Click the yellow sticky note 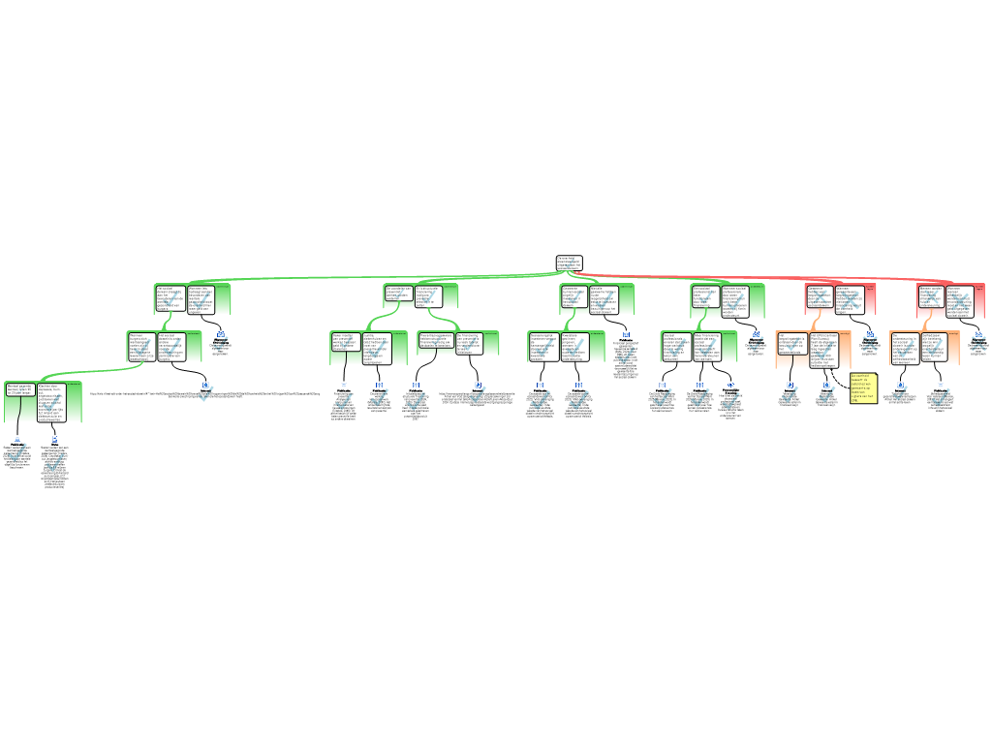863,387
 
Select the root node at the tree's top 569,263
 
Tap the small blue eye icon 731,385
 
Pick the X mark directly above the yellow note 870,341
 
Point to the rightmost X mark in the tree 978,341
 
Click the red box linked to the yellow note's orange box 840,299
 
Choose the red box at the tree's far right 951,300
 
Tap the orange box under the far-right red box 925,349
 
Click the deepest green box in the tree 44,402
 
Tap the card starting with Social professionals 676,346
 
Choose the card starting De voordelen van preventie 399,294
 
